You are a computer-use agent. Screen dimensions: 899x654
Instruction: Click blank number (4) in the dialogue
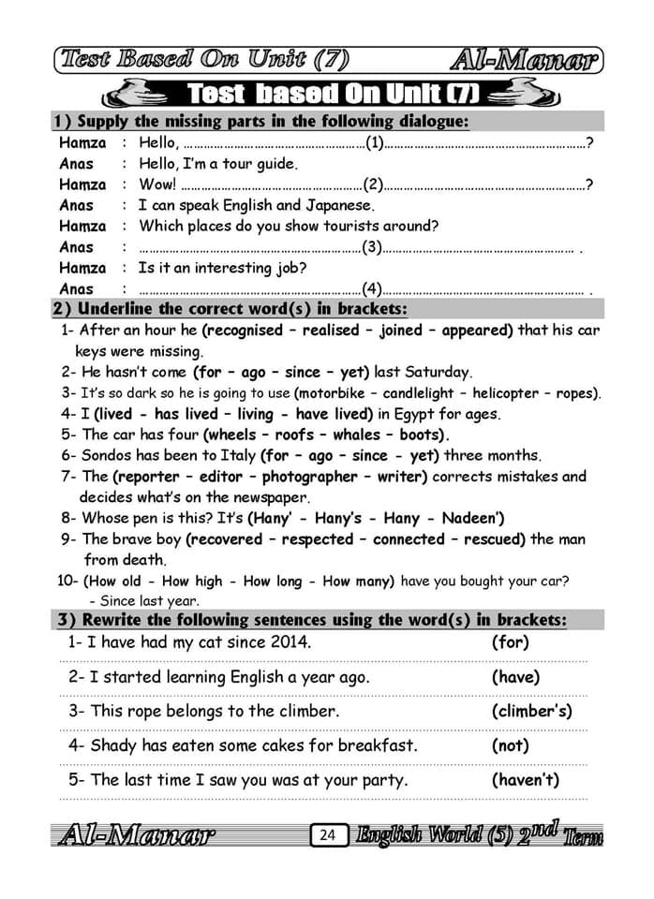click(372, 288)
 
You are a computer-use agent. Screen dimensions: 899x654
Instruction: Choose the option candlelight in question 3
click(419, 393)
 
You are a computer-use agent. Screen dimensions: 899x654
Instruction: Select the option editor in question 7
click(221, 477)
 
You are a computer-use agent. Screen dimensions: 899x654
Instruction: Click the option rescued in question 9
click(493, 539)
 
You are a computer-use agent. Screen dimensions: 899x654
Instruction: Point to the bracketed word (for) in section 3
click(511, 642)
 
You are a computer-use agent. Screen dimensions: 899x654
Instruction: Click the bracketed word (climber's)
click(531, 711)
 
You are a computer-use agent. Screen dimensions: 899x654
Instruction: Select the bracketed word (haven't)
click(525, 779)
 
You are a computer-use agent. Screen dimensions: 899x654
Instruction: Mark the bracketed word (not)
click(511, 745)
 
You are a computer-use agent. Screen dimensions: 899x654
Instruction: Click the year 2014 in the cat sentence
click(286, 642)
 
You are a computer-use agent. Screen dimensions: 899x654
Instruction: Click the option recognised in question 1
click(243, 331)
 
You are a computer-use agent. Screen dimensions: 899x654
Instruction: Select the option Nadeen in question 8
click(474, 518)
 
